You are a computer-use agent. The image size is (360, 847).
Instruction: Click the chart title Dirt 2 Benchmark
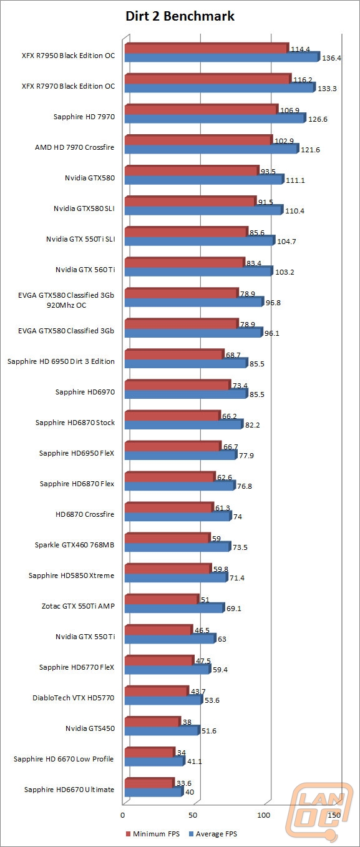coord(180,16)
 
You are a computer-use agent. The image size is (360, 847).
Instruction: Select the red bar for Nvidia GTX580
coord(192,171)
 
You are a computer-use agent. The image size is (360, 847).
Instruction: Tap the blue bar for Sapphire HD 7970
coord(215,119)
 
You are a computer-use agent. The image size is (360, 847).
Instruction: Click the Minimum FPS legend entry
coord(153,834)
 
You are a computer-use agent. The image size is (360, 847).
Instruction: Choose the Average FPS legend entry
coord(213,834)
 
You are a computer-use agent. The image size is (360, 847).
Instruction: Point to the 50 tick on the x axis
coord(193,815)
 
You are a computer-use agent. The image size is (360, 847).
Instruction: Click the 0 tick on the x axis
coord(122,815)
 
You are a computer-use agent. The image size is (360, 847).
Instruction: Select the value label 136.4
coord(332,58)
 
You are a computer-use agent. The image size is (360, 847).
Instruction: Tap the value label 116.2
coord(303,80)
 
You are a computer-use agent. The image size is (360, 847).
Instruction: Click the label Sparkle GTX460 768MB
coord(74,545)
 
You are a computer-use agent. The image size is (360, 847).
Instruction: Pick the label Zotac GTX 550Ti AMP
coord(78,606)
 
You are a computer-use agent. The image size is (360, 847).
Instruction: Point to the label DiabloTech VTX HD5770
coord(74,698)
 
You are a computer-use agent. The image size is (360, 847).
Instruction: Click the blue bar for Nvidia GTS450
coord(162,730)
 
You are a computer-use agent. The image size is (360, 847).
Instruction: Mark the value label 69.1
coord(234,609)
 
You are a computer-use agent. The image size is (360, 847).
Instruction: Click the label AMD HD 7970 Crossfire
coord(74,147)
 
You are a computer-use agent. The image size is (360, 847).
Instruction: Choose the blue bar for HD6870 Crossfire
coord(178,516)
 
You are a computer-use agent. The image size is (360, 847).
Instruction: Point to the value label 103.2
coord(285,272)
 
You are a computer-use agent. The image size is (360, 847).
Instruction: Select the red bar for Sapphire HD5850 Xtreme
coord(168,569)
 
